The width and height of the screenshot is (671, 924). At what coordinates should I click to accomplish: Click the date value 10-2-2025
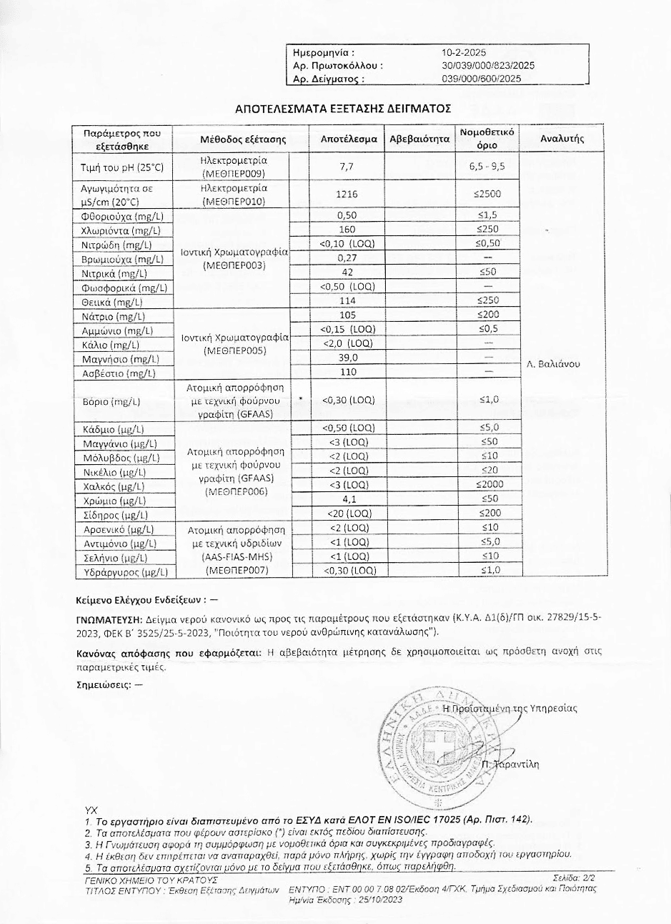pos(464,52)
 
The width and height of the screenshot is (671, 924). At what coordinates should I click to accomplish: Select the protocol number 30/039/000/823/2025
pos(488,66)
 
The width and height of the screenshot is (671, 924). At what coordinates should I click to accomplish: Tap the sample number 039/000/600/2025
pos(482,79)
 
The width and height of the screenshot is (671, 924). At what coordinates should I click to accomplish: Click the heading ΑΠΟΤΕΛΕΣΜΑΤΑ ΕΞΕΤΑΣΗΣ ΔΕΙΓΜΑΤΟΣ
pos(343,109)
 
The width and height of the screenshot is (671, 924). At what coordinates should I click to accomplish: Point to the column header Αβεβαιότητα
pos(419,139)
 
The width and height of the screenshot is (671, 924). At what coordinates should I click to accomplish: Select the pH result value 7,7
pos(347,167)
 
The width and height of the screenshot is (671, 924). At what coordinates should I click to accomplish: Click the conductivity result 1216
pos(347,194)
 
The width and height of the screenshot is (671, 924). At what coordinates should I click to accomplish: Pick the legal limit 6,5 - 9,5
pos(487,167)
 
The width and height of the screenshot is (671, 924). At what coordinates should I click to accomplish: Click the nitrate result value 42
pos(347,272)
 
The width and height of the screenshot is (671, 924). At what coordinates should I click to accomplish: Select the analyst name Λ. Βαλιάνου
pos(553,364)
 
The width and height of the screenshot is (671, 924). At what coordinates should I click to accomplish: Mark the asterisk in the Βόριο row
pos(300,400)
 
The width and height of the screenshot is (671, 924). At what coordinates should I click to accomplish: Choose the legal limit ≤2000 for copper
pos(487,486)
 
